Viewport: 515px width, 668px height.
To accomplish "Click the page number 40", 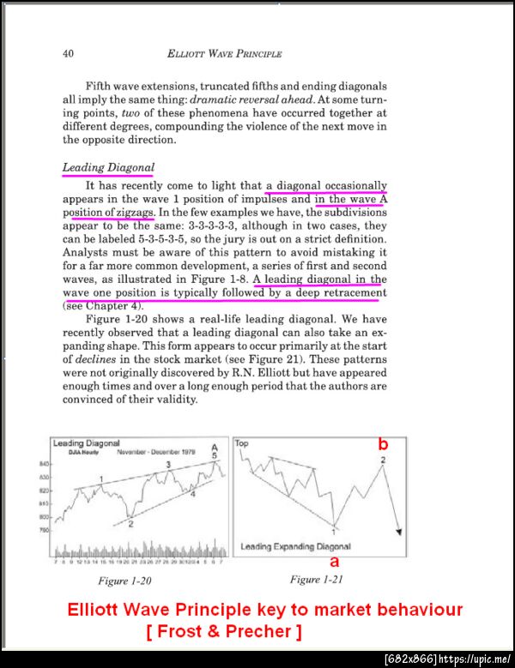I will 69,54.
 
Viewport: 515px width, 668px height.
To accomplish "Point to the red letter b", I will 384,444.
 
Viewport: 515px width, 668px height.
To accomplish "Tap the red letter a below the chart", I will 335,562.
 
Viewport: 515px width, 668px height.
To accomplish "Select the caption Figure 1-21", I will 318,580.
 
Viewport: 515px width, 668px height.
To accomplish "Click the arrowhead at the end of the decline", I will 397,532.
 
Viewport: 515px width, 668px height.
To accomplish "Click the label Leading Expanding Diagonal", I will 295,545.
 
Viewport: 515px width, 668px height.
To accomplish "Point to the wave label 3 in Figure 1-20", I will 168,464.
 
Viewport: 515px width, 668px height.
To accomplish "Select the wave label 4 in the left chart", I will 192,495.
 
